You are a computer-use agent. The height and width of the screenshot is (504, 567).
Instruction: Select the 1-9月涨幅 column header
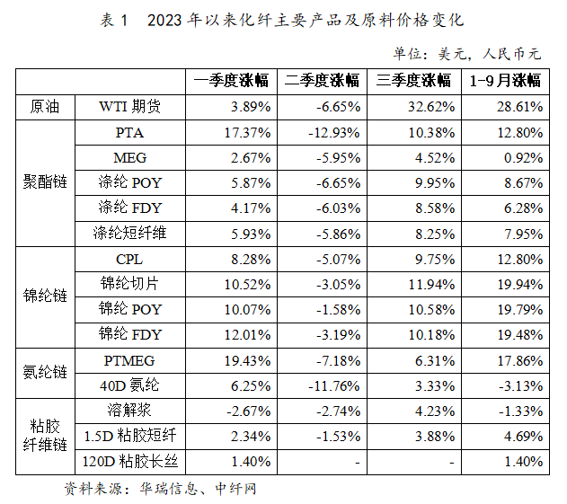[506, 81]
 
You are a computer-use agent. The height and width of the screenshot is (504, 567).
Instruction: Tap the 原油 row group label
[41, 107]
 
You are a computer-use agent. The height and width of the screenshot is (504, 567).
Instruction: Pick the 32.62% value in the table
[414, 107]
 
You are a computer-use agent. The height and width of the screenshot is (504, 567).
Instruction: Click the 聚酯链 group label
[41, 183]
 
